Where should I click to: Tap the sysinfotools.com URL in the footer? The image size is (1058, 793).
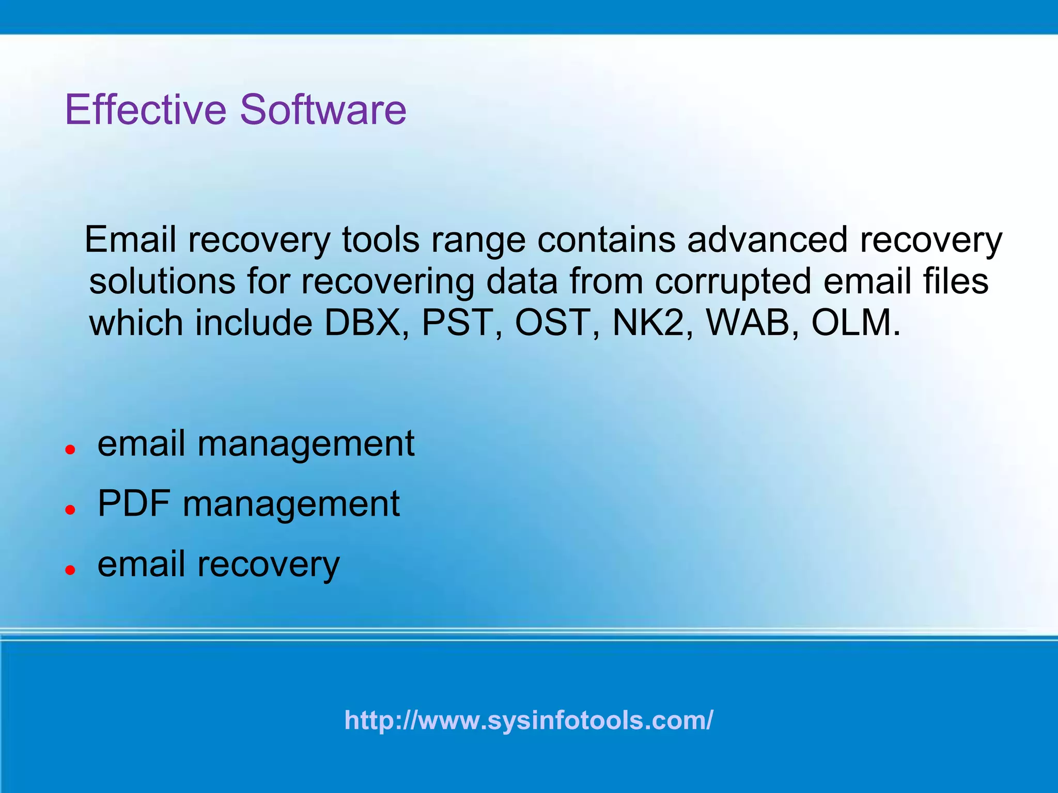pyautogui.click(x=528, y=720)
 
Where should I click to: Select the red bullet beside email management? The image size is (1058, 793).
pyautogui.click(x=71, y=449)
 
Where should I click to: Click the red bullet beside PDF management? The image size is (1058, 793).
pyautogui.click(x=71, y=510)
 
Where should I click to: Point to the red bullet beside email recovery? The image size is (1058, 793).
pyautogui.click(x=71, y=569)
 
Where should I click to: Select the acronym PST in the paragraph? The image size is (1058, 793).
pyautogui.click(x=456, y=323)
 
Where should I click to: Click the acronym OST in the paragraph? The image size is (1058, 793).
pyautogui.click(x=552, y=323)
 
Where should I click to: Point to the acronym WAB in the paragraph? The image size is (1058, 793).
pyautogui.click(x=748, y=323)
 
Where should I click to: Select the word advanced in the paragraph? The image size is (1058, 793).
pyautogui.click(x=767, y=240)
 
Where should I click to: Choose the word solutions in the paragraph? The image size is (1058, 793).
pyautogui.click(x=162, y=281)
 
